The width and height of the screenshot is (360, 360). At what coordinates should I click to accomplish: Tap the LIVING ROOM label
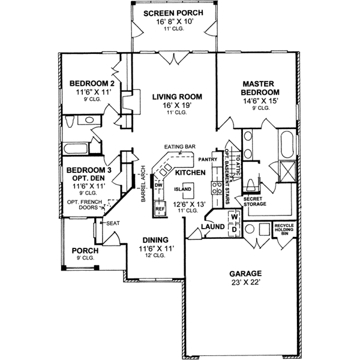click(x=176, y=96)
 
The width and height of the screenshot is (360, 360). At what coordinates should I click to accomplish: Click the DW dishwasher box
click(x=159, y=185)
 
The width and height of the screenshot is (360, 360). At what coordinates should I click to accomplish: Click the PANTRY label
click(x=207, y=160)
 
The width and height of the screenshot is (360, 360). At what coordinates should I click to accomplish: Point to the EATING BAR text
click(x=179, y=147)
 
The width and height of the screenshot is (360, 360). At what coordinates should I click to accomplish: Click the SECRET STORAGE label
click(x=254, y=200)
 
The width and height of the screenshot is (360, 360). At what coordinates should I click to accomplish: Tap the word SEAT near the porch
click(x=113, y=223)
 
